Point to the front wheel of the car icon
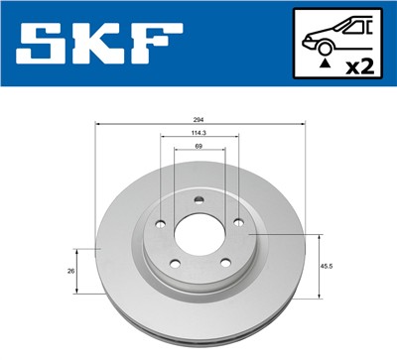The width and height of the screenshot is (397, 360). click(x=323, y=45)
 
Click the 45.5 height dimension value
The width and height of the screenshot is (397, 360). click(x=327, y=265)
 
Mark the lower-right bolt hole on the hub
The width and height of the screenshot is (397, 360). click(x=224, y=263)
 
